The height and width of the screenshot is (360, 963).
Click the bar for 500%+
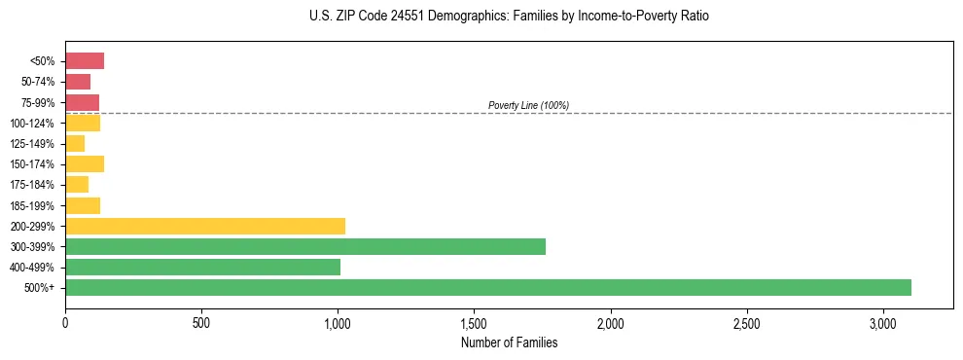pos(488,287)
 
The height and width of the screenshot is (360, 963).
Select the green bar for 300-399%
pos(305,246)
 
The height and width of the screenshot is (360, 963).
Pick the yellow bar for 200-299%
pos(205,226)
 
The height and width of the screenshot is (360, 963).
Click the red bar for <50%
pos(85,61)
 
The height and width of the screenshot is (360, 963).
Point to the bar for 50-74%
pos(78,82)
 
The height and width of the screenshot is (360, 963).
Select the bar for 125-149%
pos(75,144)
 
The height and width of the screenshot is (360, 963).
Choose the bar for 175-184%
pos(77,185)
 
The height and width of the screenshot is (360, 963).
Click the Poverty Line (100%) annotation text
pos(528,105)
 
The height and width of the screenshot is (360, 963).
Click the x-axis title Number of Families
pos(509,342)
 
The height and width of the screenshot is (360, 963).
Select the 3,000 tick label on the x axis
pos(883,322)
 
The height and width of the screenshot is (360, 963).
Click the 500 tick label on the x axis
pos(201,322)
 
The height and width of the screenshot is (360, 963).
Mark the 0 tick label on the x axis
pos(65,322)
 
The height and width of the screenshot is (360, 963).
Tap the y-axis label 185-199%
pos(32,205)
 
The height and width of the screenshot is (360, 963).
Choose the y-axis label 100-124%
pos(32,124)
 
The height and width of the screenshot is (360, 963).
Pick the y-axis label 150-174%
pos(32,164)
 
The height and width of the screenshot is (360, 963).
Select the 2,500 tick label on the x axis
pos(747,322)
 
